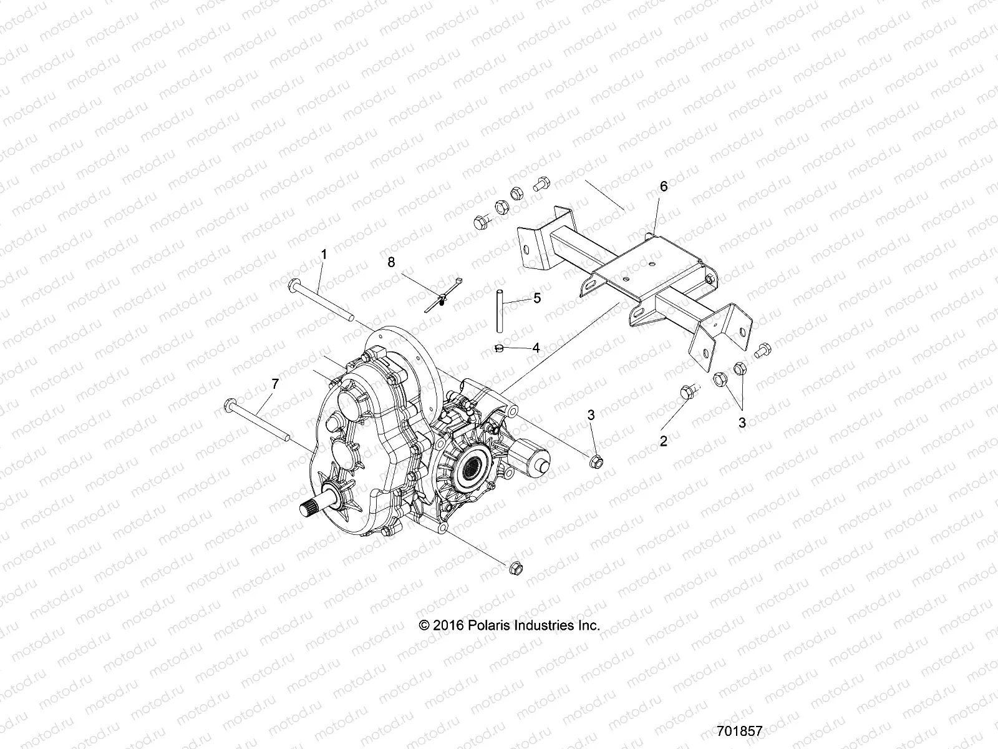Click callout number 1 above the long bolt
click(324, 254)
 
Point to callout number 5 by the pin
click(536, 298)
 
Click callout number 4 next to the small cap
click(535, 348)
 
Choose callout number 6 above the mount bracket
click(663, 187)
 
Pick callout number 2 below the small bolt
click(664, 441)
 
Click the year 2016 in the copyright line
click(447, 625)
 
